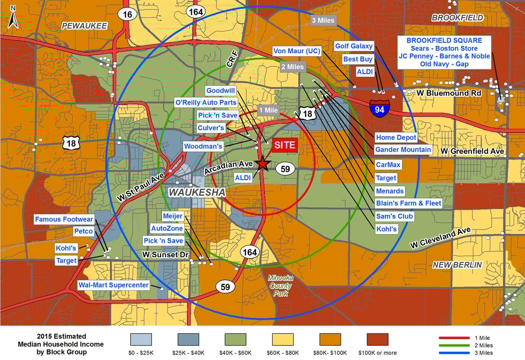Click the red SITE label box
click(285, 145)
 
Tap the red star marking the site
click(263, 164)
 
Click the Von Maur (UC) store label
click(297, 51)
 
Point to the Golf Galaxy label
click(353, 46)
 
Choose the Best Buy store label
click(358, 59)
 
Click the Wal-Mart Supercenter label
click(114, 285)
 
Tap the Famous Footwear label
click(64, 219)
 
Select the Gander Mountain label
click(403, 150)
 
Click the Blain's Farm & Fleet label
click(408, 203)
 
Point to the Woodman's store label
click(203, 147)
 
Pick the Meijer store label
click(173, 216)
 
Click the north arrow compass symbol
click(13, 17)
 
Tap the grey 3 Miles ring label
click(323, 21)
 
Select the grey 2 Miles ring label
click(292, 67)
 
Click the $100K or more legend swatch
click(378, 339)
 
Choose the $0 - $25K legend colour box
click(141, 339)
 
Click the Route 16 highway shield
click(127, 15)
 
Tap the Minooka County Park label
click(280, 285)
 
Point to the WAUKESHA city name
click(197, 192)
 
